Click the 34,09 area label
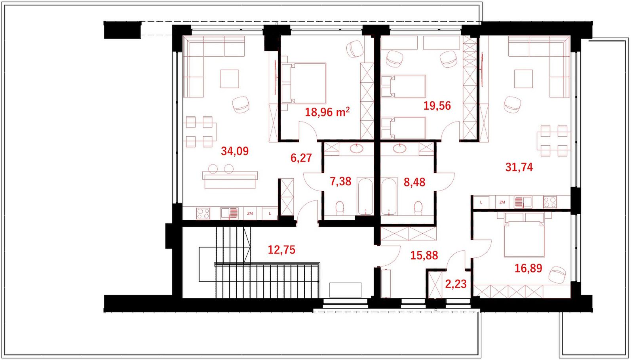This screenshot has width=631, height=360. click(x=235, y=151)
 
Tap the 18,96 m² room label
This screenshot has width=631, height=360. click(x=327, y=112)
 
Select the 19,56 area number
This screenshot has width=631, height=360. click(x=437, y=106)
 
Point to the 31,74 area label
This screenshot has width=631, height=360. click(x=519, y=168)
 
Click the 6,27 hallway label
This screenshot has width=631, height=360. click(x=301, y=158)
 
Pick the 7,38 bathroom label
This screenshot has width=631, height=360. click(x=340, y=181)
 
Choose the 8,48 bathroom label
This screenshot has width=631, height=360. click(x=414, y=183)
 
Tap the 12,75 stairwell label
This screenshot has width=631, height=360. click(x=281, y=250)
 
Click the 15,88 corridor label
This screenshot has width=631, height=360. click(x=424, y=256)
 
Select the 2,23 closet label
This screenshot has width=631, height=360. click(x=456, y=284)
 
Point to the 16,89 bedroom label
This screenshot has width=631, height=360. click(x=528, y=268)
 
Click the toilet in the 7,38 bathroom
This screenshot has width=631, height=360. click(x=340, y=208)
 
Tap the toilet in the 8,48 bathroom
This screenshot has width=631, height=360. click(x=418, y=208)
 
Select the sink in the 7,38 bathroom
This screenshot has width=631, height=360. click(x=357, y=148)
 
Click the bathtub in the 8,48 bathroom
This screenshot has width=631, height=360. click(x=389, y=196)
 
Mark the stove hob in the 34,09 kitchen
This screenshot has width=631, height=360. click(x=203, y=213)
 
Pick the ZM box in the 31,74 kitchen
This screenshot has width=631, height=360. click(x=502, y=202)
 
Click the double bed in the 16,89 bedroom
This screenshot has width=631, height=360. click(x=524, y=235)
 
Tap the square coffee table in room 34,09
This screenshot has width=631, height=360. click(x=230, y=79)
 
